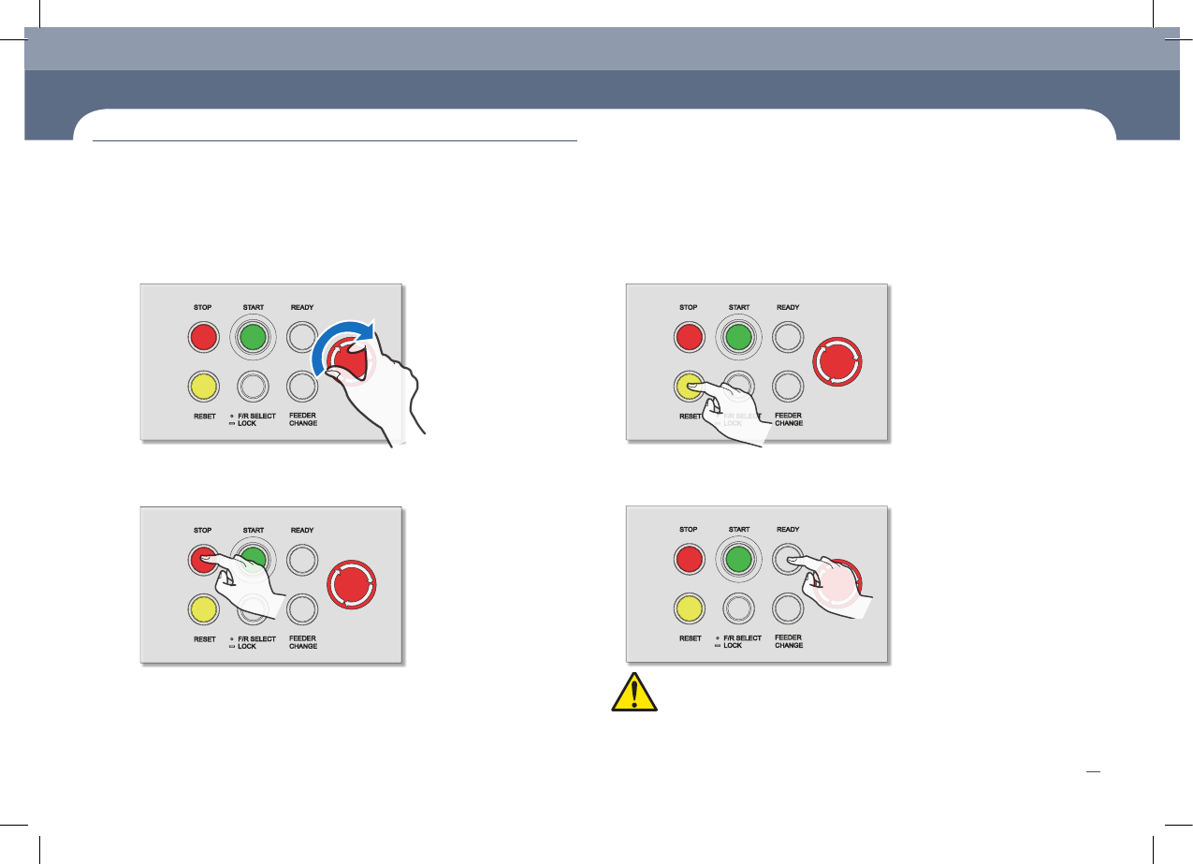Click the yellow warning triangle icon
pyautogui.click(x=633, y=691)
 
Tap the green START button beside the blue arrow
pyautogui.click(x=253, y=337)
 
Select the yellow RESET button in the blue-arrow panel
pyautogui.click(x=203, y=385)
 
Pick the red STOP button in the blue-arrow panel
pyautogui.click(x=203, y=337)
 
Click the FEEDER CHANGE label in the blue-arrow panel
pyautogui.click(x=303, y=419)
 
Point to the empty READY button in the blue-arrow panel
pyautogui.click(x=301, y=336)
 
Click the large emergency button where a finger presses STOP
pyautogui.click(x=354, y=585)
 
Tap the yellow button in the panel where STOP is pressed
pyautogui.click(x=203, y=610)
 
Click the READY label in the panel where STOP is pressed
pyautogui.click(x=302, y=531)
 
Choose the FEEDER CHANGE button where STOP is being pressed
pyautogui.click(x=301, y=609)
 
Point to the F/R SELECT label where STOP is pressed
pyautogui.click(x=256, y=638)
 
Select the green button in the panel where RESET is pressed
pyautogui.click(x=738, y=338)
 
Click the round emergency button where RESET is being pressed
pyautogui.click(x=838, y=361)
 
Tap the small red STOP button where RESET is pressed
pyautogui.click(x=689, y=338)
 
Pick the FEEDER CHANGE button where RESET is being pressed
pyautogui.click(x=788, y=386)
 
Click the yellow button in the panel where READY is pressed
pyautogui.click(x=689, y=610)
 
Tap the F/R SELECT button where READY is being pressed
pyautogui.click(x=738, y=610)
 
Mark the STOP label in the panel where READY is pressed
pyautogui.click(x=689, y=530)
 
